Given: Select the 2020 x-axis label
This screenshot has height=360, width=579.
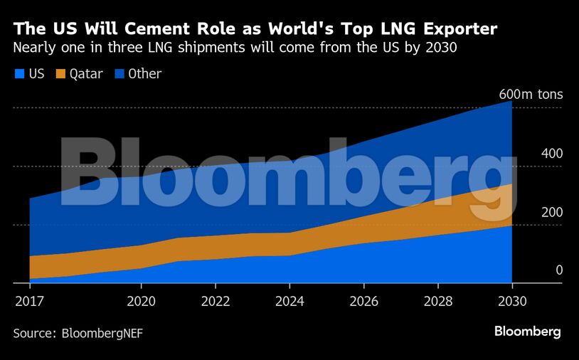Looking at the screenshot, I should click(x=141, y=301).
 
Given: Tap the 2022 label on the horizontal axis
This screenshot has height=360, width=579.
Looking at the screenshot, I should click(x=215, y=301).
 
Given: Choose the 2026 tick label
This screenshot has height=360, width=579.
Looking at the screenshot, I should click(x=363, y=301).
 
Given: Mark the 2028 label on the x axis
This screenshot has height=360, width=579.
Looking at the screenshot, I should click(x=437, y=301).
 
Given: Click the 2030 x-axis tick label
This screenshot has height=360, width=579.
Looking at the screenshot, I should click(x=511, y=301).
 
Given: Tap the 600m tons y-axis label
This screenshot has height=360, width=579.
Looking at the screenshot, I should click(x=531, y=95).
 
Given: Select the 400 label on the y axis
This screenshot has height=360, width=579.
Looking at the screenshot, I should click(x=532, y=154).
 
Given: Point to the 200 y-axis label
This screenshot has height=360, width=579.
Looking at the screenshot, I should click(x=532, y=212).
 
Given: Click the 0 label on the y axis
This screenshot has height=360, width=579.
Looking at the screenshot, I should click(x=539, y=270).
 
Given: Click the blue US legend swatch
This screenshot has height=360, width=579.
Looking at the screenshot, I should click(x=19, y=74).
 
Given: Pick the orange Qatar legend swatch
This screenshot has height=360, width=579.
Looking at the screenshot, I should click(x=60, y=74).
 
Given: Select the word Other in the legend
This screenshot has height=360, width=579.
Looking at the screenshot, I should click(x=144, y=74).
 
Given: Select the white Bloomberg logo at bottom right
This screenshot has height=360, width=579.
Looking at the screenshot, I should click(x=527, y=332).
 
